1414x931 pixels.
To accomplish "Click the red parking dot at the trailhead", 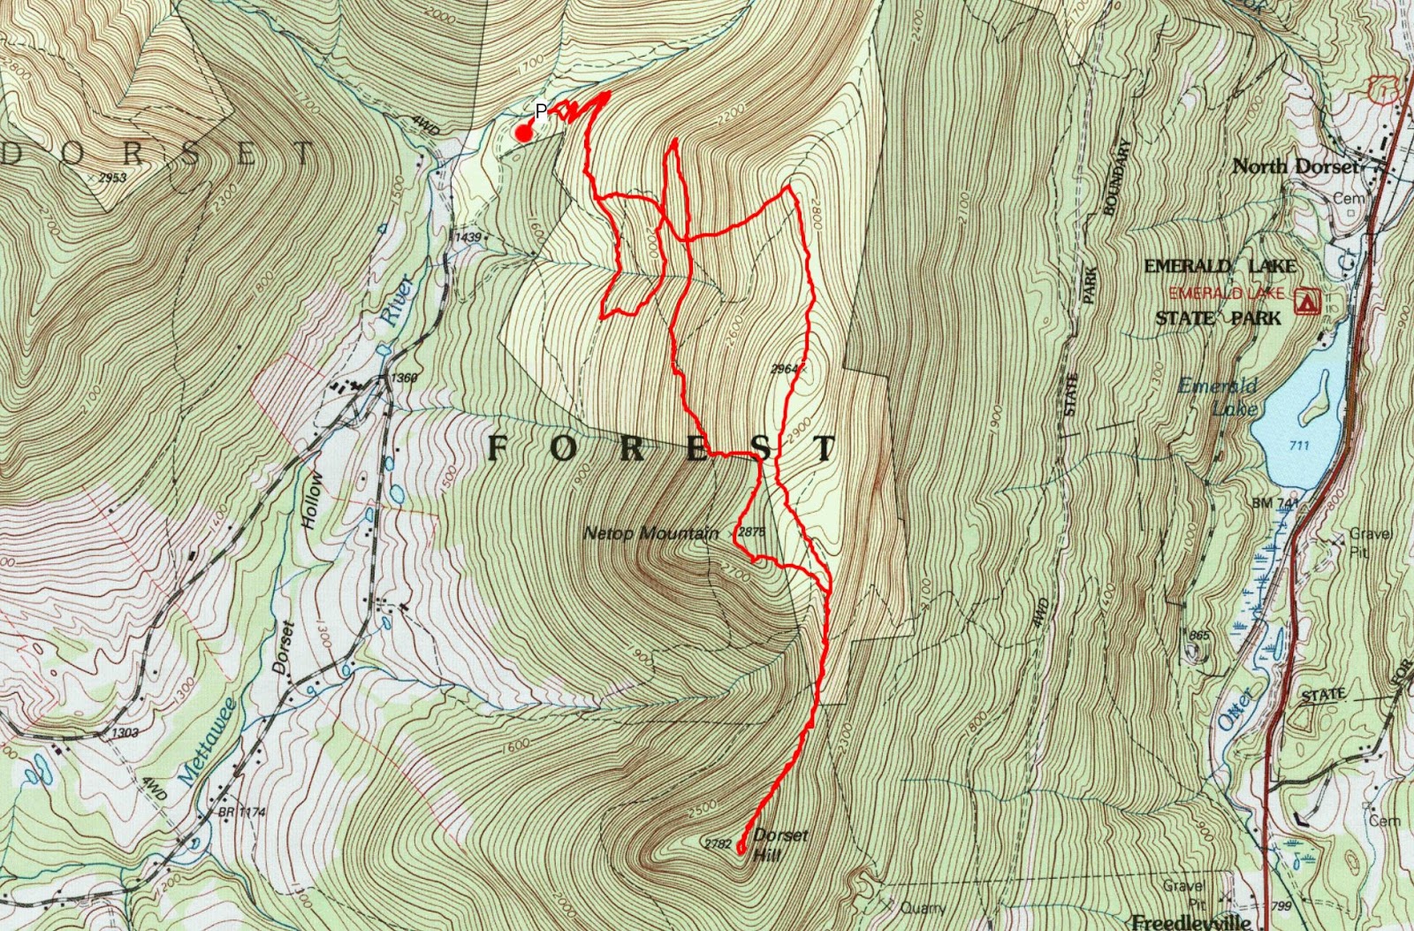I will (523, 134).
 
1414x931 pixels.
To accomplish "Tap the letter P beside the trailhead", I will (541, 111).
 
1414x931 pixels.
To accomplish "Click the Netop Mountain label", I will (650, 533).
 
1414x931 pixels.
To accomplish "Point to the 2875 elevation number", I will (751, 532).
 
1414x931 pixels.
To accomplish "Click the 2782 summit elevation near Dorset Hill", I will (718, 843).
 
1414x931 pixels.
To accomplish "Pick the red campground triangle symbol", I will (1305, 302).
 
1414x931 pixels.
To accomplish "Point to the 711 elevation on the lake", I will (1298, 445).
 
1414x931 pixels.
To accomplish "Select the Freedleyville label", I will (1194, 922).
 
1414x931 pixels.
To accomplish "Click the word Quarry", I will (923, 907).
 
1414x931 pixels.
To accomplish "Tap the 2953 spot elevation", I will (112, 178).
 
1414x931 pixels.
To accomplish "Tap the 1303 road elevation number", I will (125, 733).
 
